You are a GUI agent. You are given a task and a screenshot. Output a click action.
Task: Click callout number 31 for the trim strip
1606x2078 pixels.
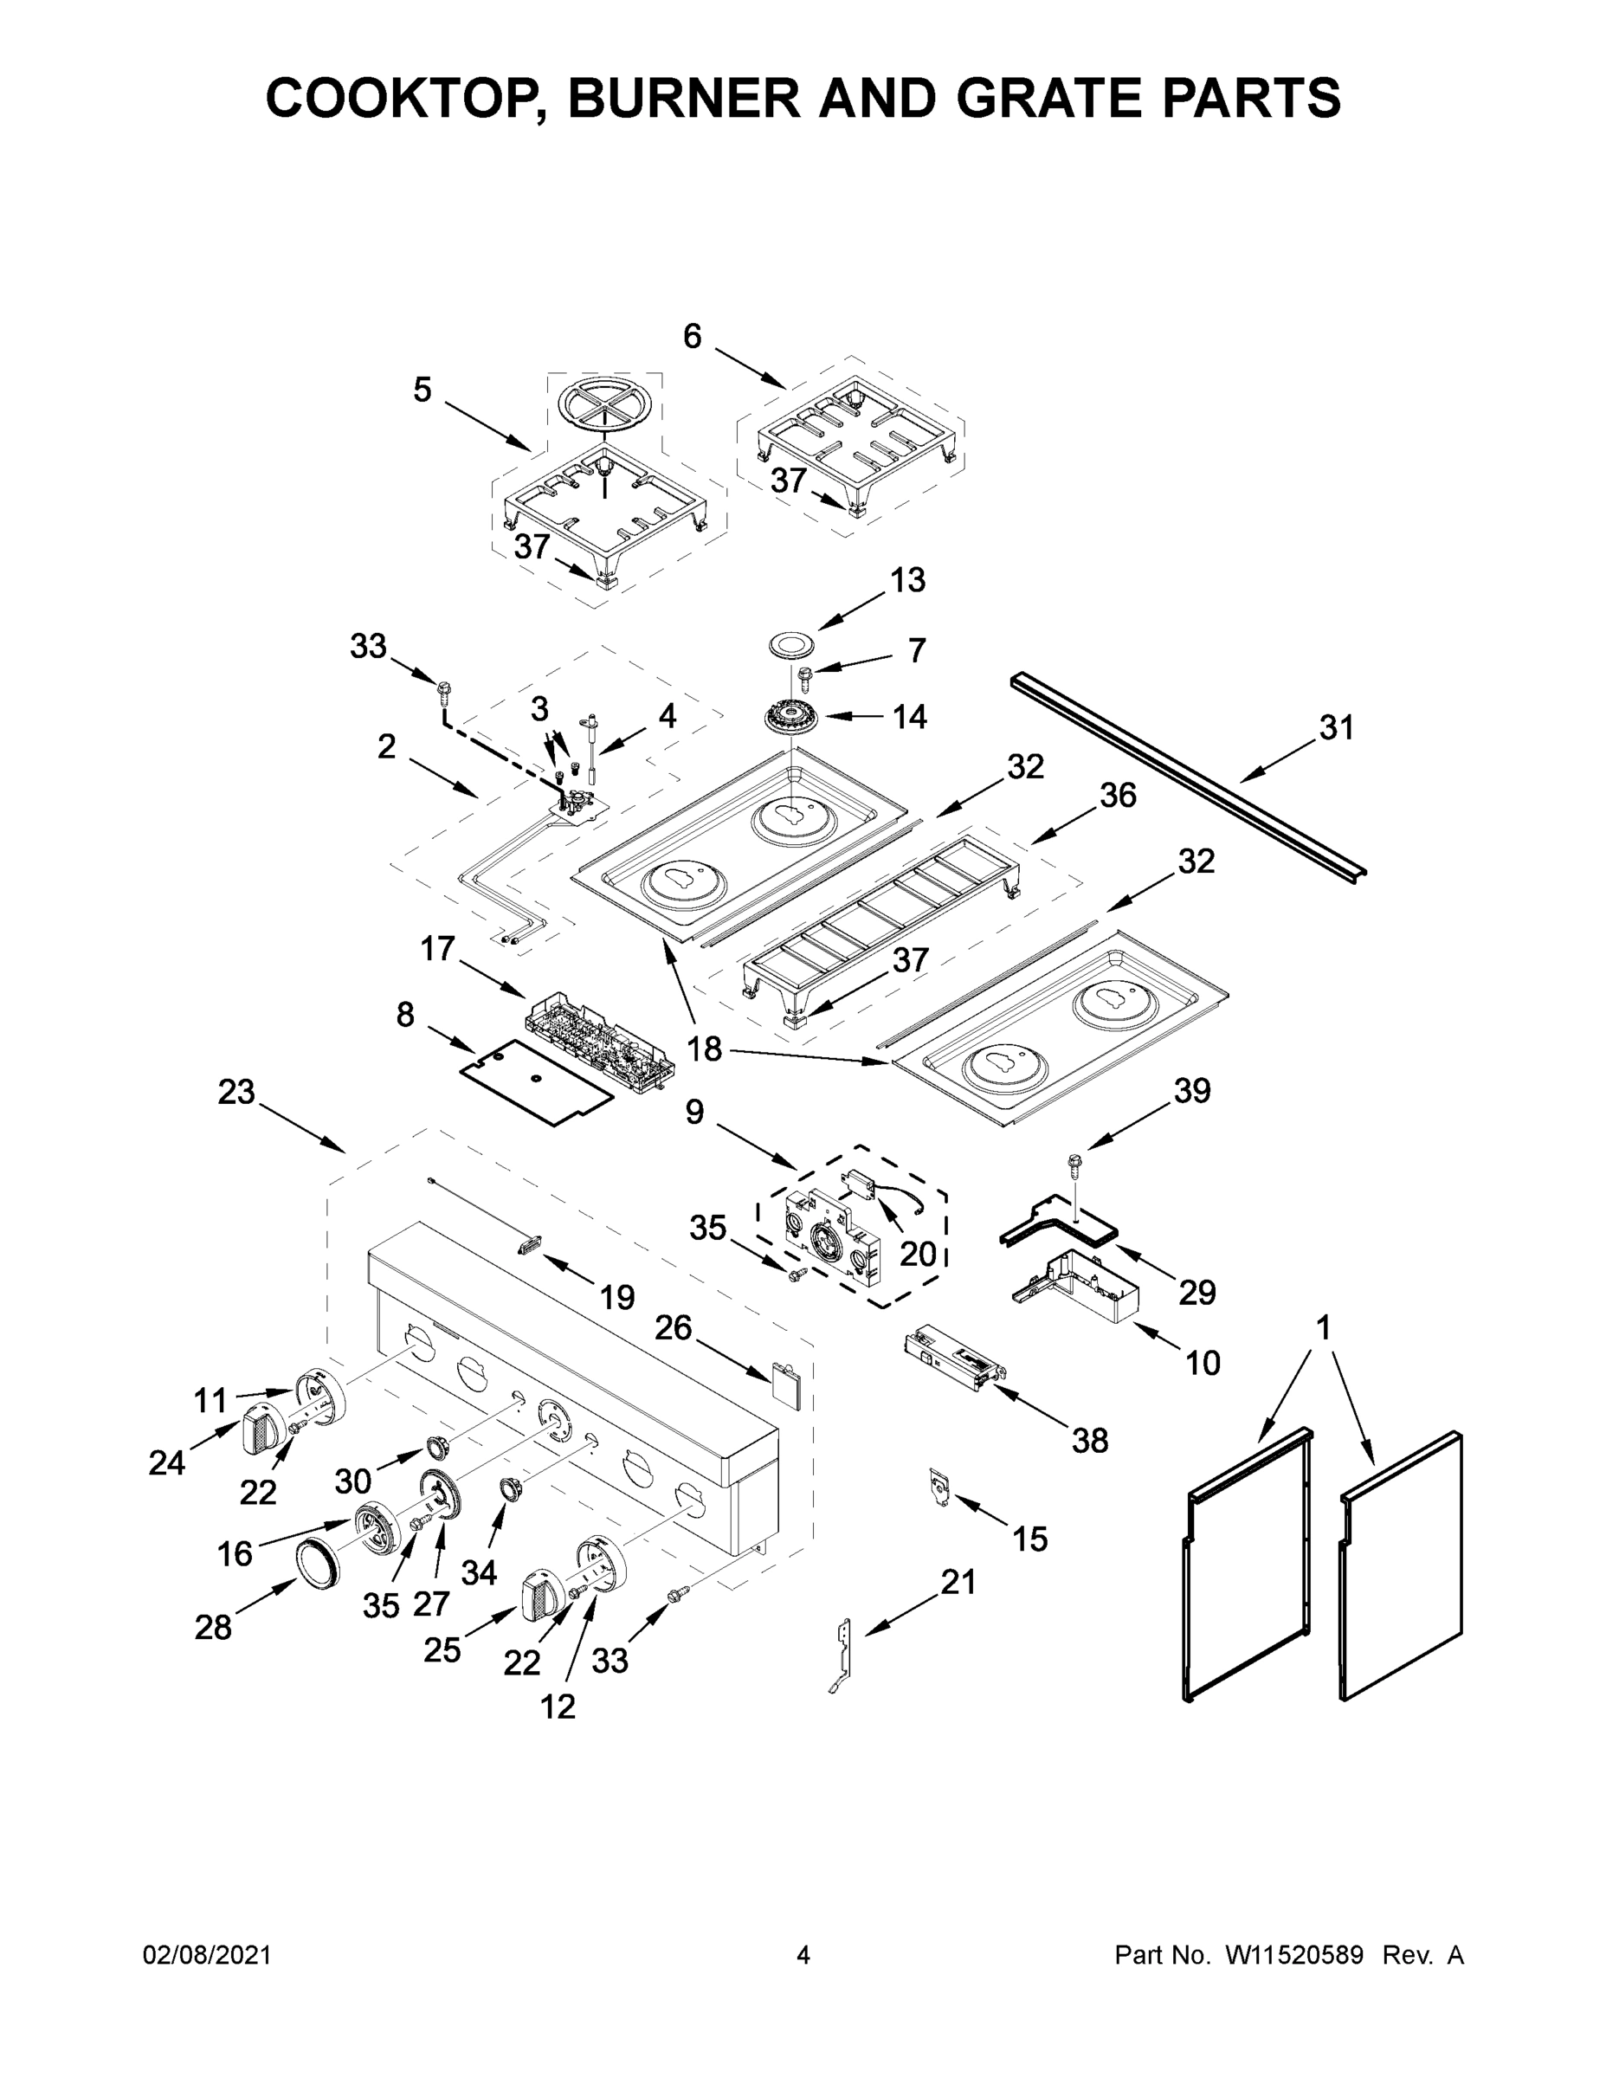tap(1336, 728)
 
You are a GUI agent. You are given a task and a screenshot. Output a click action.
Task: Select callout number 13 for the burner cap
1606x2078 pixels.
tap(907, 579)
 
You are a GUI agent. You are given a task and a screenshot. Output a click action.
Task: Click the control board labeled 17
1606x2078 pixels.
tap(599, 1036)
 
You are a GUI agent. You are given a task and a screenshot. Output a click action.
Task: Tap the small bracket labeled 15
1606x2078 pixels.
tap(940, 1486)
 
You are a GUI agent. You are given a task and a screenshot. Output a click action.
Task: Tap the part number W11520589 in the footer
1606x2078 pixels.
tap(1294, 1954)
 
